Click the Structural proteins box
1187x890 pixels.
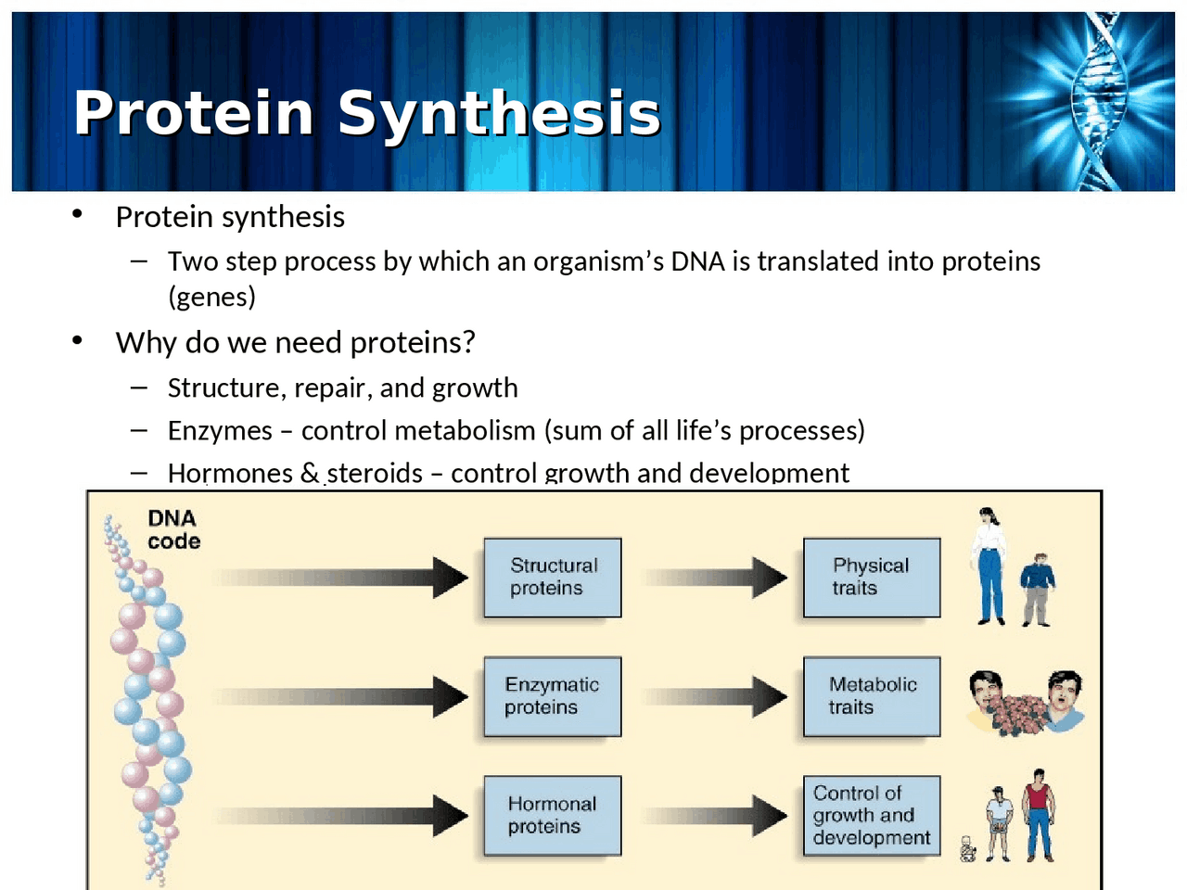[553, 578]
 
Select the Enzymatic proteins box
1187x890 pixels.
[553, 696]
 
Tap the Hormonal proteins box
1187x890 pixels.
[553, 815]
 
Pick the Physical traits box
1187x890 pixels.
[872, 578]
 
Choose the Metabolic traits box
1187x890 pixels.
[872, 696]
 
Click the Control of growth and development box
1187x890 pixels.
[872, 815]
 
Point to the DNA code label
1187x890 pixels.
[173, 529]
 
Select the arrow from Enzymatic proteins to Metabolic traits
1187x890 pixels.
[715, 696]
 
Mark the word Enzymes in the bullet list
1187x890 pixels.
[220, 431]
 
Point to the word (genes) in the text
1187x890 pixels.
[211, 297]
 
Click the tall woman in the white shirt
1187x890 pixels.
[989, 565]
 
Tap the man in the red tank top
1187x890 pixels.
[1039, 813]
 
